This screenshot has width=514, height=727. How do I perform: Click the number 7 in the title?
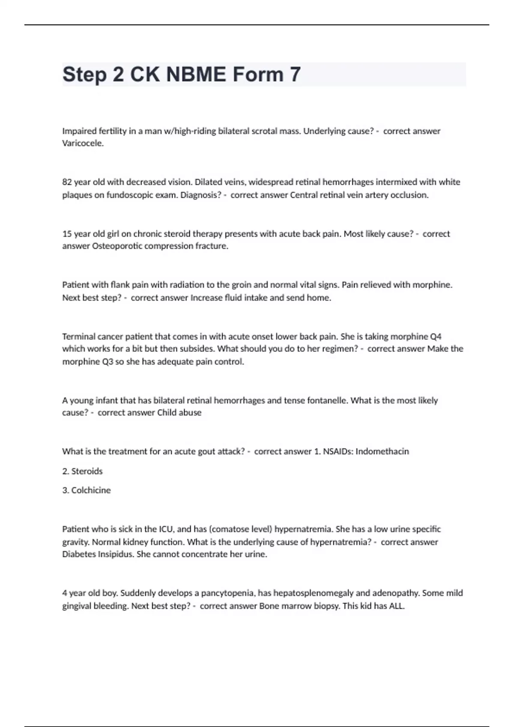[295, 74]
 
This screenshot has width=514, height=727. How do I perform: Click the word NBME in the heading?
[196, 74]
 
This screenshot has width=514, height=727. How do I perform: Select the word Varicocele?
[83, 143]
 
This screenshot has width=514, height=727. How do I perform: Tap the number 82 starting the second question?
[67, 182]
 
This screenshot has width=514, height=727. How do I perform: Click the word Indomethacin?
[382, 452]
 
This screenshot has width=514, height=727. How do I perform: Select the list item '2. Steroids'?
[82, 471]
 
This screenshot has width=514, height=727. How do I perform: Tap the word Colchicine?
[91, 491]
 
